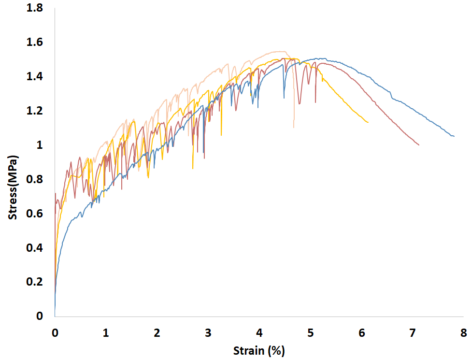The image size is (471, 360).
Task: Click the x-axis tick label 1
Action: coord(106,333)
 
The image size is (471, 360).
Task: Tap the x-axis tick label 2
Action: coord(157,333)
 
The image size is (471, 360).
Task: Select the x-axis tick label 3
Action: coord(208,333)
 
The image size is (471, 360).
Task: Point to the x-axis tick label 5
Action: coord(310,333)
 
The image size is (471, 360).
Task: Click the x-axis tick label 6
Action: coord(361,333)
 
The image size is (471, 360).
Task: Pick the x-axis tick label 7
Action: coord(413,333)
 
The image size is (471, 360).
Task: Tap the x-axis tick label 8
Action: coord(464,333)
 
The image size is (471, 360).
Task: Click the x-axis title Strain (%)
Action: coord(259,350)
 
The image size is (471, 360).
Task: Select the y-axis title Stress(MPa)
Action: coord(13,187)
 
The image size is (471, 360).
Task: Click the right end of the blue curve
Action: coord(454,136)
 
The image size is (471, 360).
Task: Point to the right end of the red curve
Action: coord(419,145)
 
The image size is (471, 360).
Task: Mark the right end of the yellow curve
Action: coord(368,122)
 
